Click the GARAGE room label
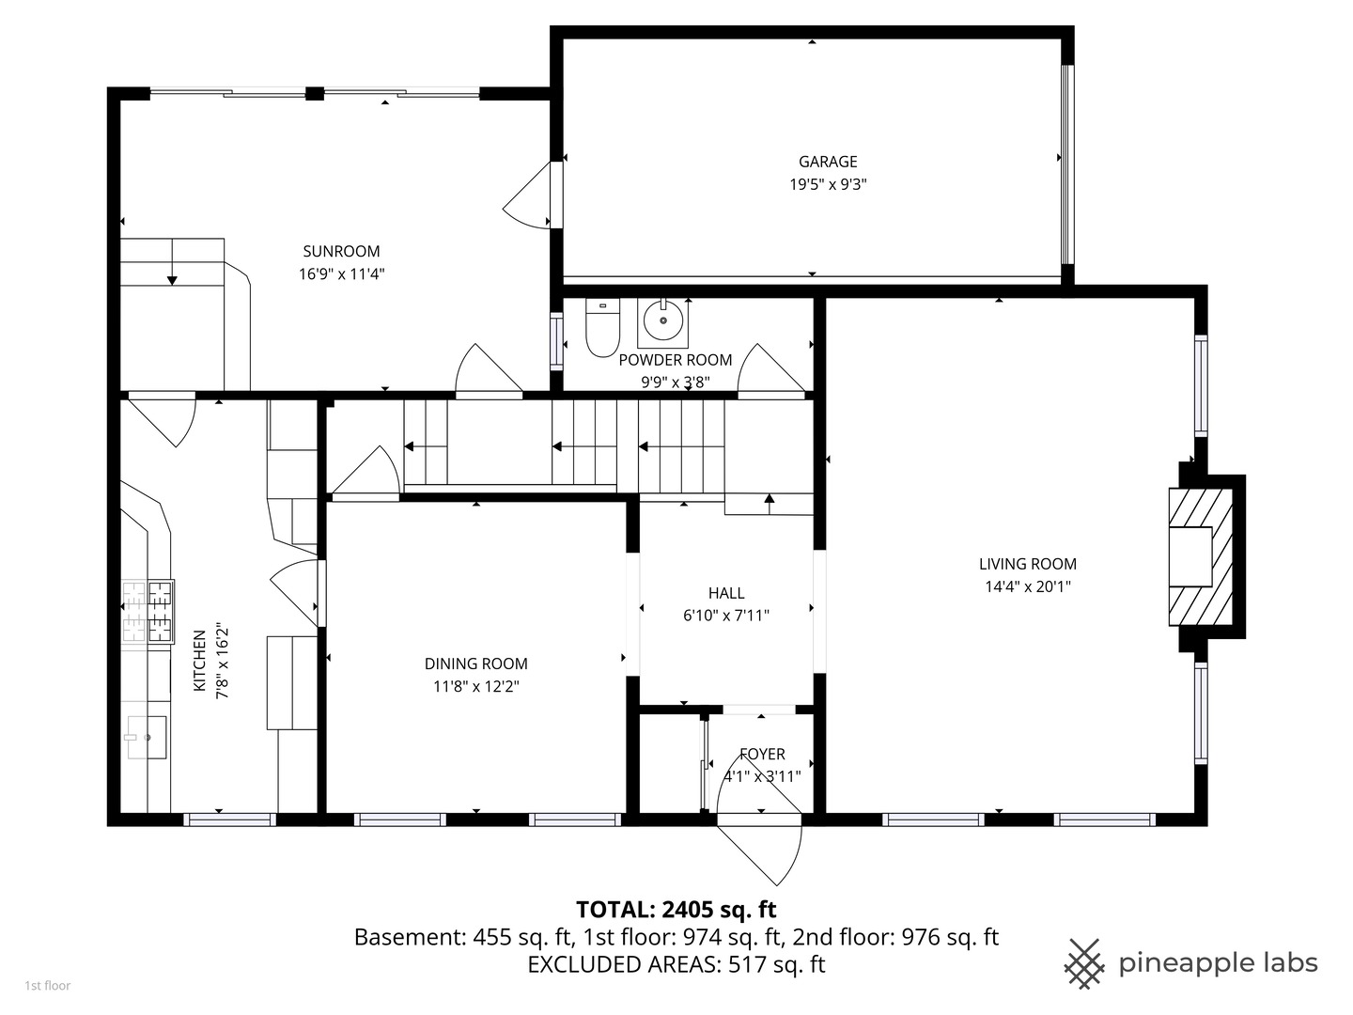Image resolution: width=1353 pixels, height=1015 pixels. pyautogui.click(x=827, y=162)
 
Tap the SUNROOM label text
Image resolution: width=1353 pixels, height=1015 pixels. pyautogui.click(x=341, y=252)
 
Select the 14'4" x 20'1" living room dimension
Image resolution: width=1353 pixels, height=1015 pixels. pyautogui.click(x=1028, y=586)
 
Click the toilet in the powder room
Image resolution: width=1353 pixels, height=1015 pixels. pyautogui.click(x=602, y=328)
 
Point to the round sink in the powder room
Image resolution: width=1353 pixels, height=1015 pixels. pyautogui.click(x=662, y=320)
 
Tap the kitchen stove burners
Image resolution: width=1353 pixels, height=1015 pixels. pyautogui.click(x=148, y=612)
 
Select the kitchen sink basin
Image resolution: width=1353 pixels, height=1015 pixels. pyautogui.click(x=146, y=737)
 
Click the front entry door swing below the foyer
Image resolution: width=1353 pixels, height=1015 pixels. pyautogui.click(x=759, y=850)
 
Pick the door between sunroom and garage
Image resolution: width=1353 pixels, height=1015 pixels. pyautogui.click(x=527, y=195)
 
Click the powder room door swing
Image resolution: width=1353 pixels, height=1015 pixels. pyautogui.click(x=771, y=367)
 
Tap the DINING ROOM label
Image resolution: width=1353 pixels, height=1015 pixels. pyautogui.click(x=475, y=664)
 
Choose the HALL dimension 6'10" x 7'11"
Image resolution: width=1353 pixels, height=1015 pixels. pyautogui.click(x=726, y=616)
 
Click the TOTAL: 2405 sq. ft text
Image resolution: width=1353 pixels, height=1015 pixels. pyautogui.click(x=676, y=910)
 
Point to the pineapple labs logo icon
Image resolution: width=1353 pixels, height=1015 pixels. pyautogui.click(x=1084, y=964)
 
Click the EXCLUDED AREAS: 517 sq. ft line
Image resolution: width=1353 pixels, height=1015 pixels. pyautogui.click(x=676, y=964)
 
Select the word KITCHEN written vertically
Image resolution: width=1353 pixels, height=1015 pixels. pyautogui.click(x=199, y=661)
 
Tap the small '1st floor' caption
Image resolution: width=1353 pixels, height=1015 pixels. pyautogui.click(x=48, y=986)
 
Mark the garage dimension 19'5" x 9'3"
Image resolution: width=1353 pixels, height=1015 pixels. pyautogui.click(x=828, y=184)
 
